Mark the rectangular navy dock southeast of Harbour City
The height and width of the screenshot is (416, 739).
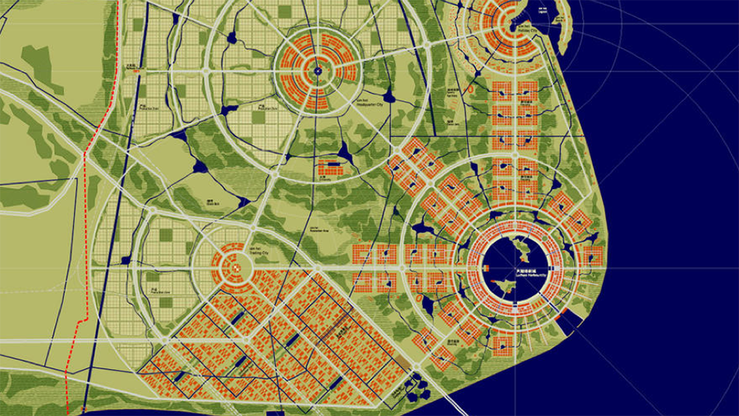[x=559, y=317]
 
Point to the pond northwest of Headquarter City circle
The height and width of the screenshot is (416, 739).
[x=232, y=38]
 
